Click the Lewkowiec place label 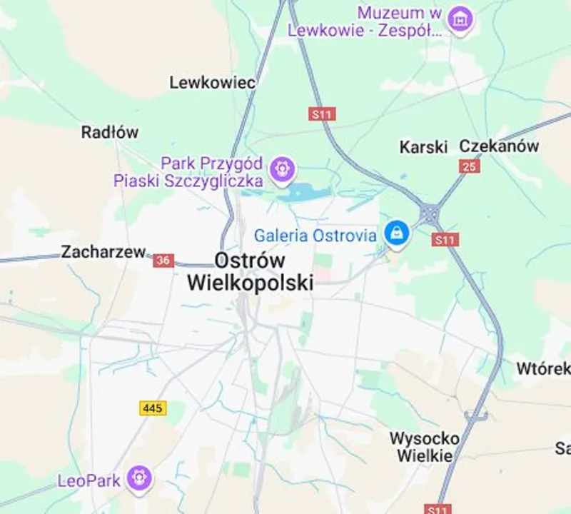click(212, 83)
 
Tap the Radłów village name click(110, 132)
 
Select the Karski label click(423, 147)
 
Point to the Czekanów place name click(498, 146)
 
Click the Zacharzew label click(103, 252)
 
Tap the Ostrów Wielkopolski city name click(250, 271)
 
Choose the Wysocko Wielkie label click(424, 446)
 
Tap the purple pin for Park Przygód click(283, 170)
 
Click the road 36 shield click(163, 261)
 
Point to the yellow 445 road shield click(153, 408)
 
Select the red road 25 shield click(469, 166)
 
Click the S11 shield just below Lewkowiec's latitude click(323, 114)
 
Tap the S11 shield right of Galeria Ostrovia click(444, 240)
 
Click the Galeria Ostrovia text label click(315, 236)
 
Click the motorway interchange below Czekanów click(430, 213)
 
